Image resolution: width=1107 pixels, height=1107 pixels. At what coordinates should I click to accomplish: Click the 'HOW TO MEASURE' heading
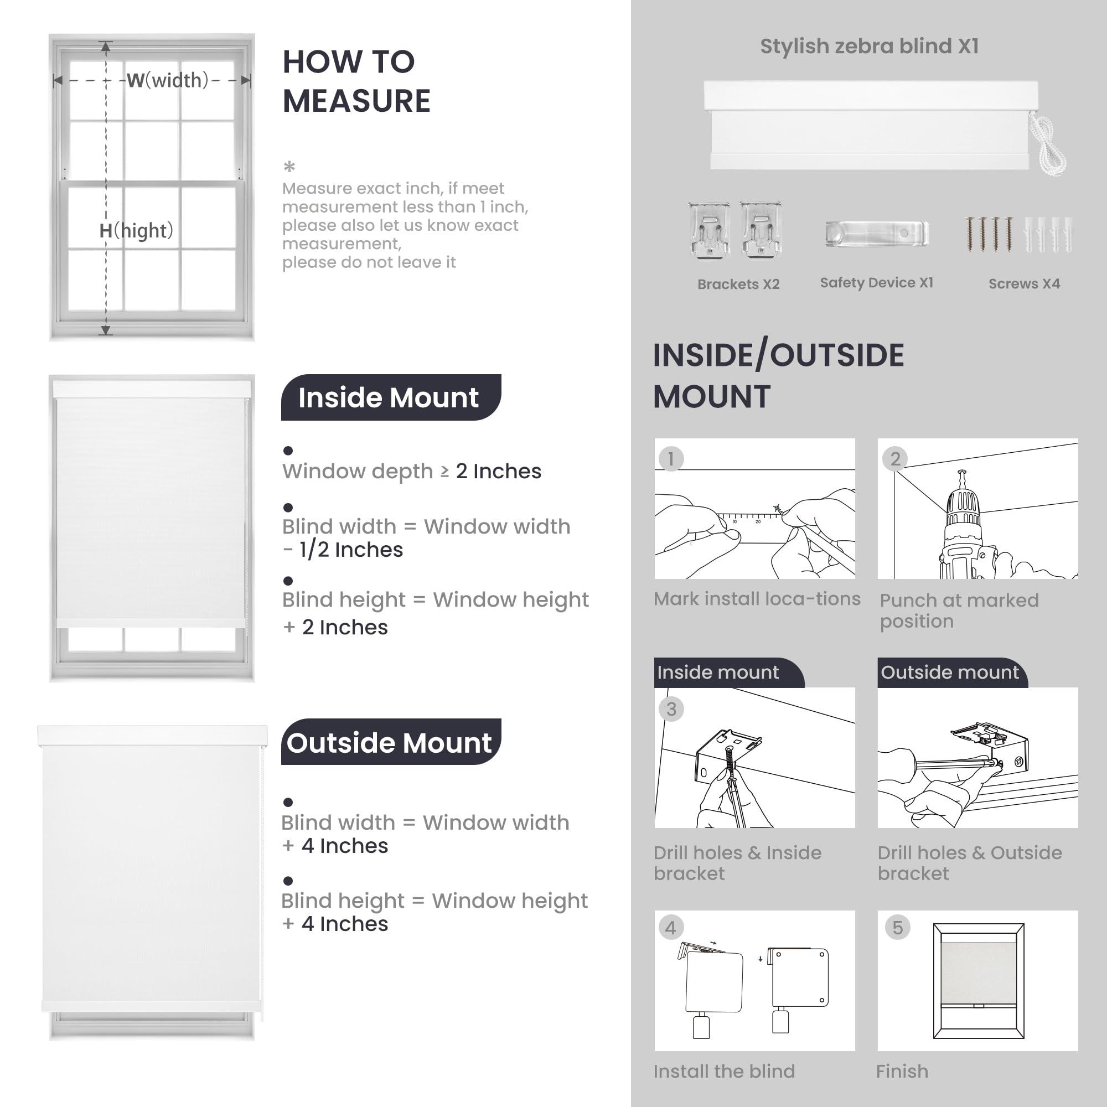356,81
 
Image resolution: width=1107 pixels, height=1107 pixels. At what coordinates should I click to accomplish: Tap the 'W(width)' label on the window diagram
167,80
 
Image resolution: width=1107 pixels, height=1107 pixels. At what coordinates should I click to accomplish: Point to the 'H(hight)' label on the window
136,230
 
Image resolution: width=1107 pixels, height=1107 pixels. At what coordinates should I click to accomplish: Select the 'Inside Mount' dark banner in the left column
390,397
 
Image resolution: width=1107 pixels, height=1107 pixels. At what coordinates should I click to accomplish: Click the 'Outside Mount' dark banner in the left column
390,743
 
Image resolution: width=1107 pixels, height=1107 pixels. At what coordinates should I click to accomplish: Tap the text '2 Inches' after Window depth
498,471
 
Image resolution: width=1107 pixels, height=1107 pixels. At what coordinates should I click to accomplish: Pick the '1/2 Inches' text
351,550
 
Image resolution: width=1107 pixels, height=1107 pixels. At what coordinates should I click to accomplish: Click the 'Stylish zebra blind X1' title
868,46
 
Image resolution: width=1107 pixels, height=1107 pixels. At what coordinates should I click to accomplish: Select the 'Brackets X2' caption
738,284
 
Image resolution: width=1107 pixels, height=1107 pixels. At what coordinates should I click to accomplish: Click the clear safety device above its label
876,234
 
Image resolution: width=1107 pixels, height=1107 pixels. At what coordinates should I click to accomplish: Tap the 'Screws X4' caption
1024,283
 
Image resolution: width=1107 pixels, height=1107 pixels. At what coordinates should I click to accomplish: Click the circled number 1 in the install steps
670,459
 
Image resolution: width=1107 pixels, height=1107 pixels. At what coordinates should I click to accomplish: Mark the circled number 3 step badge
671,710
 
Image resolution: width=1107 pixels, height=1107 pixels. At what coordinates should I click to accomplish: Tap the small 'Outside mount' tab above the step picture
950,672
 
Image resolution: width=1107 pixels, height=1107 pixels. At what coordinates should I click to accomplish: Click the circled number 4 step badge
670,928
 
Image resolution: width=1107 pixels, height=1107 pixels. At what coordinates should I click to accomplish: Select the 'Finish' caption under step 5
902,1072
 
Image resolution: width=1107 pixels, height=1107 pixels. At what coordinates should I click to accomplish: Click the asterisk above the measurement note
289,167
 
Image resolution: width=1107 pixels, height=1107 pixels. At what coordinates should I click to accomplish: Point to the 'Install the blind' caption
723,1072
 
